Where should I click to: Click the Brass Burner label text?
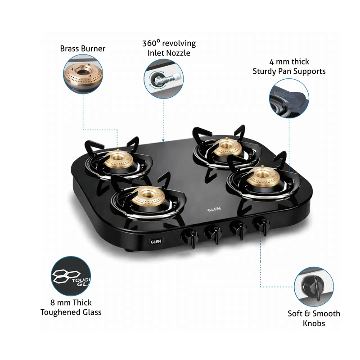tap(83, 49)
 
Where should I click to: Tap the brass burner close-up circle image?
tap(83, 74)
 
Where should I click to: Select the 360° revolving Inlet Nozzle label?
tap(169, 48)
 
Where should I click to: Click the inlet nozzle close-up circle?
tap(163, 79)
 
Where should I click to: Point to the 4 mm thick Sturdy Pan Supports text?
tap(289, 66)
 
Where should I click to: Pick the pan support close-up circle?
tap(289, 98)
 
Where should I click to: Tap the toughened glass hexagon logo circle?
tap(71, 276)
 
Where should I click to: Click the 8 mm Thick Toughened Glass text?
tap(71, 307)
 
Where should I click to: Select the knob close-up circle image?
tap(314, 287)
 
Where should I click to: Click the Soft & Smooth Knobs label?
tap(314, 318)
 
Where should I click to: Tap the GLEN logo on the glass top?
tap(214, 209)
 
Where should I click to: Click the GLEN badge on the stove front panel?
tap(156, 242)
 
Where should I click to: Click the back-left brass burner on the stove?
tap(119, 160)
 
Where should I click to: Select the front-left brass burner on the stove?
tap(148, 196)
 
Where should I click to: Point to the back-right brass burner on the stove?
tap(227, 147)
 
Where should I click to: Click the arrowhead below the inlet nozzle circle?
tap(163, 140)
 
